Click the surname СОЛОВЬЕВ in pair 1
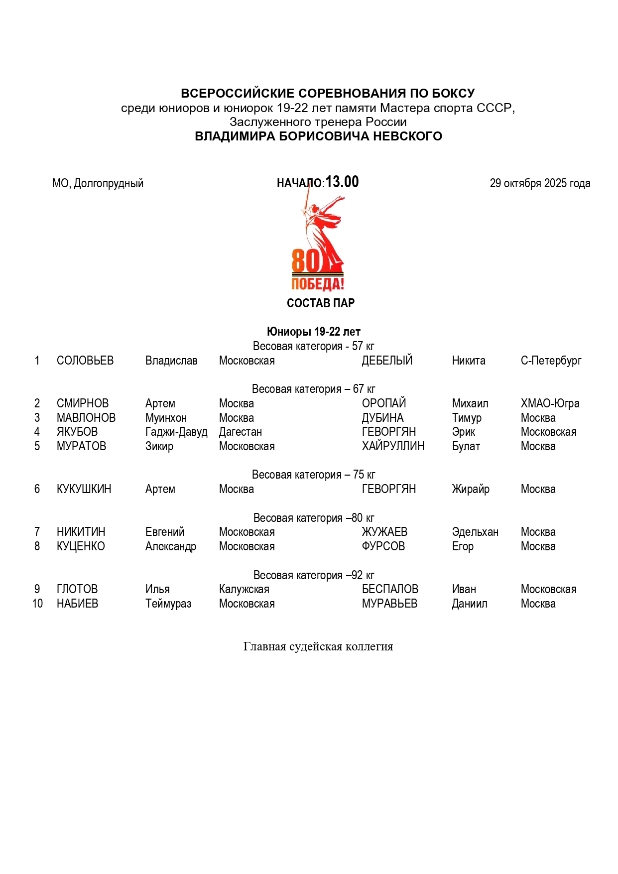85,361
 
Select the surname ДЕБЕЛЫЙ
387,361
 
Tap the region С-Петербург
551,361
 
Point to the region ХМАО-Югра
550,403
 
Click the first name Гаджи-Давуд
176,432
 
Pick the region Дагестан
240,432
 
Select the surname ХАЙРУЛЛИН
393,446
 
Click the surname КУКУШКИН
84,489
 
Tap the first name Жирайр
471,489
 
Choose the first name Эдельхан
475,532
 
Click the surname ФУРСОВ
383,546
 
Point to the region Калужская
244,589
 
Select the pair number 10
37,604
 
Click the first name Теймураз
168,604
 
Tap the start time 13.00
342,182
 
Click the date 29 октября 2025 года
540,183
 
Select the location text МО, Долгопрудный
98,183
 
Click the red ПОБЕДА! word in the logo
318,284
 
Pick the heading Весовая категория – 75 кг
313,475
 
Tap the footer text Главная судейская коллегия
318,646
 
